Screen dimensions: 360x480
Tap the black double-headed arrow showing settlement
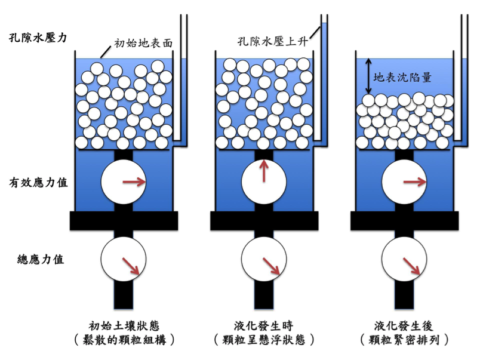point(369,76)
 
